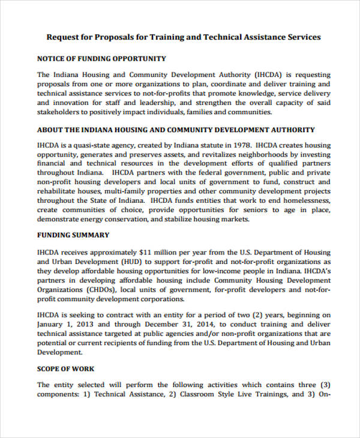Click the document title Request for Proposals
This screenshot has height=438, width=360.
tap(184, 37)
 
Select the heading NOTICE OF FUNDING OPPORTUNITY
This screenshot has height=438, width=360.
tap(101, 59)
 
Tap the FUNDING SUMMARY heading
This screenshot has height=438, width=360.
tap(73, 235)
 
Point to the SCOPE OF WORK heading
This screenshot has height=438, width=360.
tap(65, 368)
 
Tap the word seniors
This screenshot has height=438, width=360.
tap(240, 210)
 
